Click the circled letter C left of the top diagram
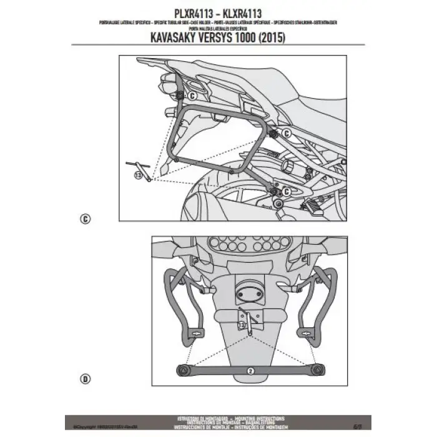click(86, 219)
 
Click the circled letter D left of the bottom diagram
click(86, 378)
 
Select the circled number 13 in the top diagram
click(138, 177)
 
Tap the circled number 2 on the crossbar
click(250, 370)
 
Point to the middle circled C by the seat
click(286, 132)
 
